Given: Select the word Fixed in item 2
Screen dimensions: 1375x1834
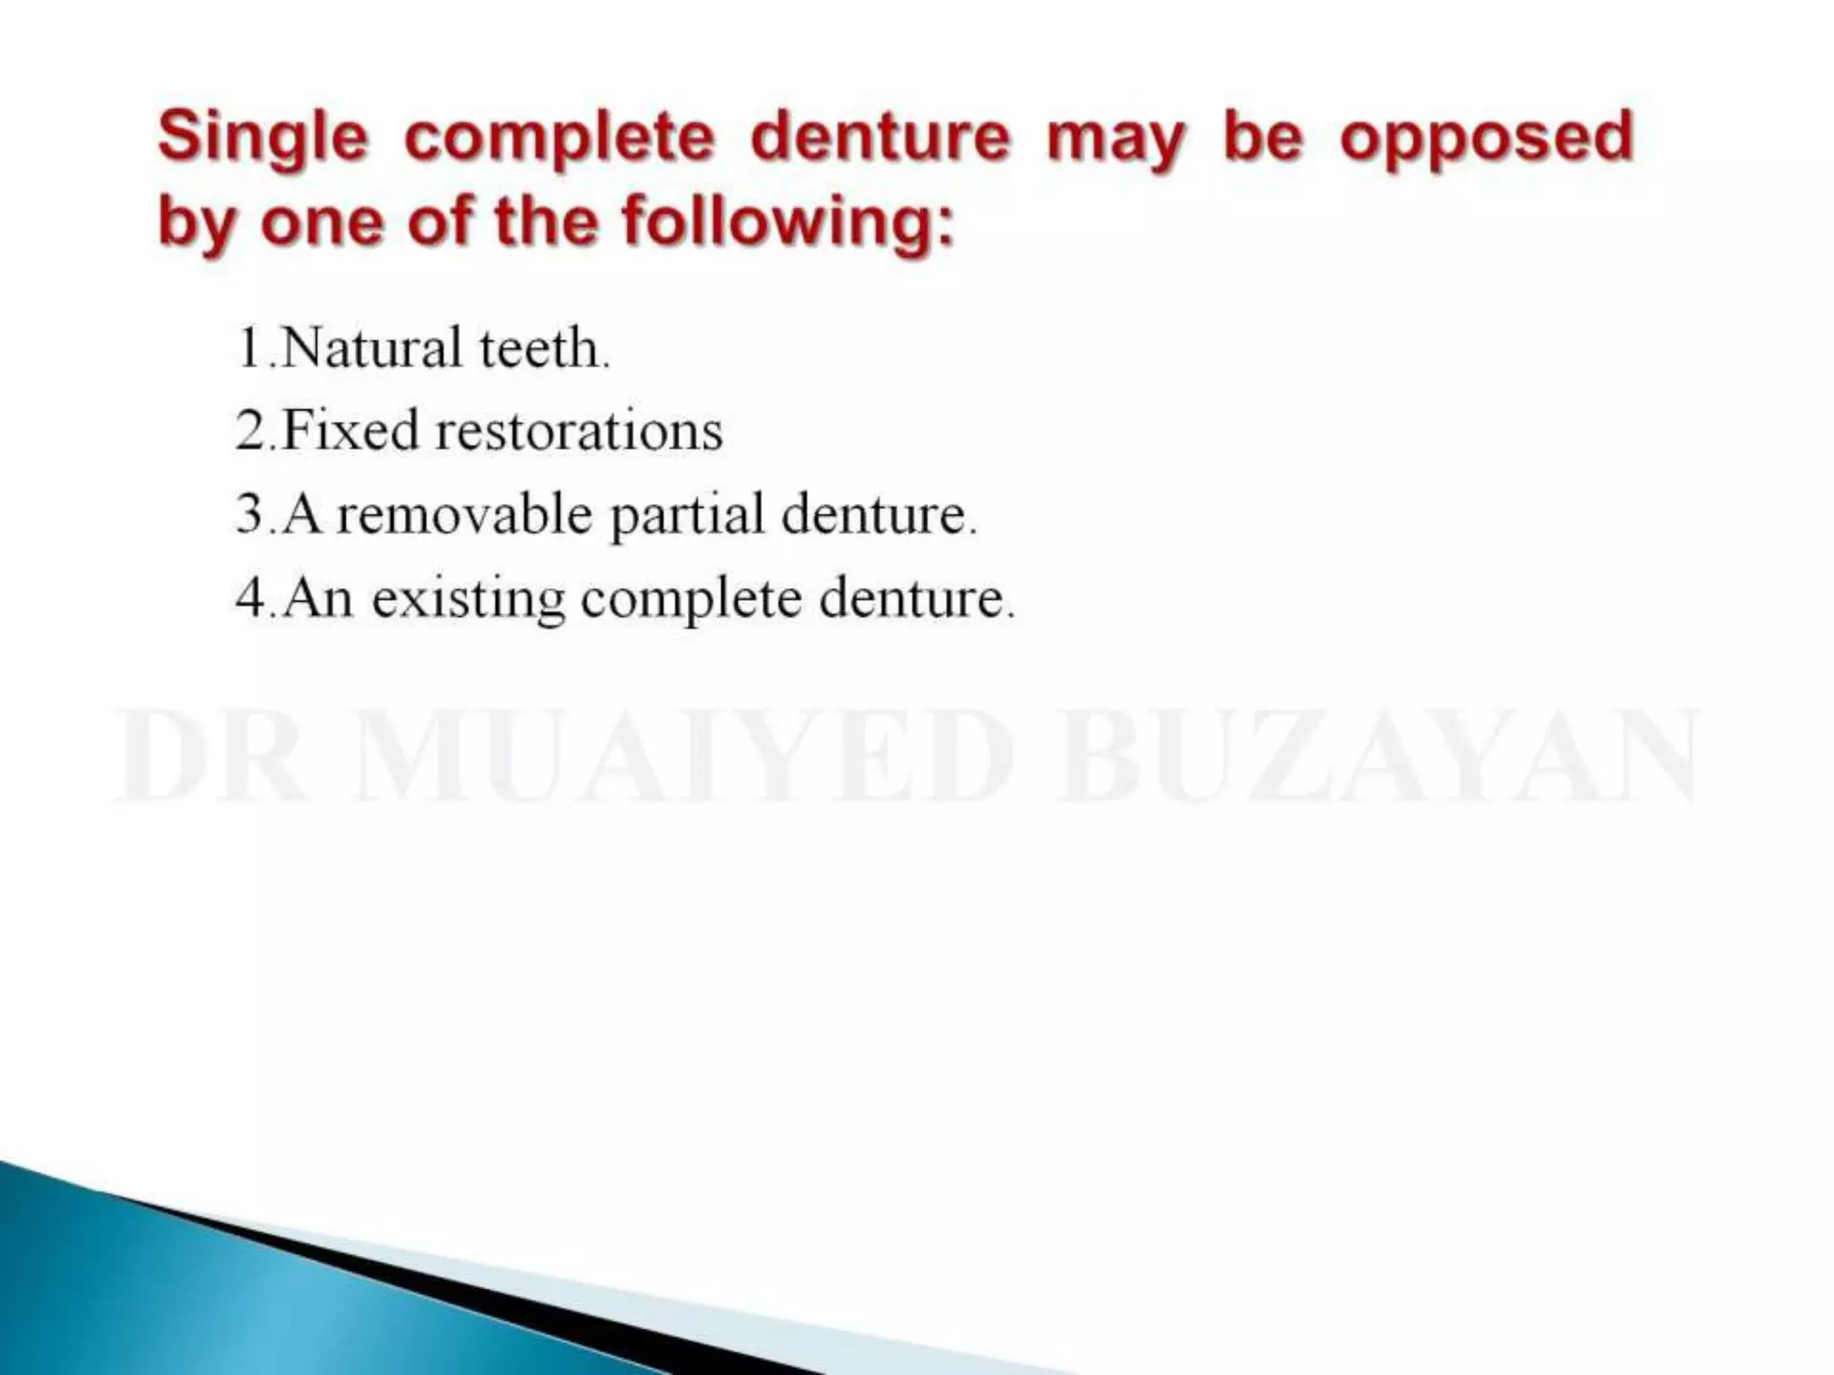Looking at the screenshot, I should (x=350, y=431).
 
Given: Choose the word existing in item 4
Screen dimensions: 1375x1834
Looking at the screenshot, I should (x=468, y=598).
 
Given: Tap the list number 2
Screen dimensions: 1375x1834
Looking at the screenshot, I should (x=251, y=431).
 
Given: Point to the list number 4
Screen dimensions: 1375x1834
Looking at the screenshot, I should (x=251, y=598).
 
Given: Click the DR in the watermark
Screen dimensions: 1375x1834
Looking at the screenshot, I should (x=211, y=756).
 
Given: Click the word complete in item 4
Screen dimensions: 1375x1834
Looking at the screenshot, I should (x=691, y=600).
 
